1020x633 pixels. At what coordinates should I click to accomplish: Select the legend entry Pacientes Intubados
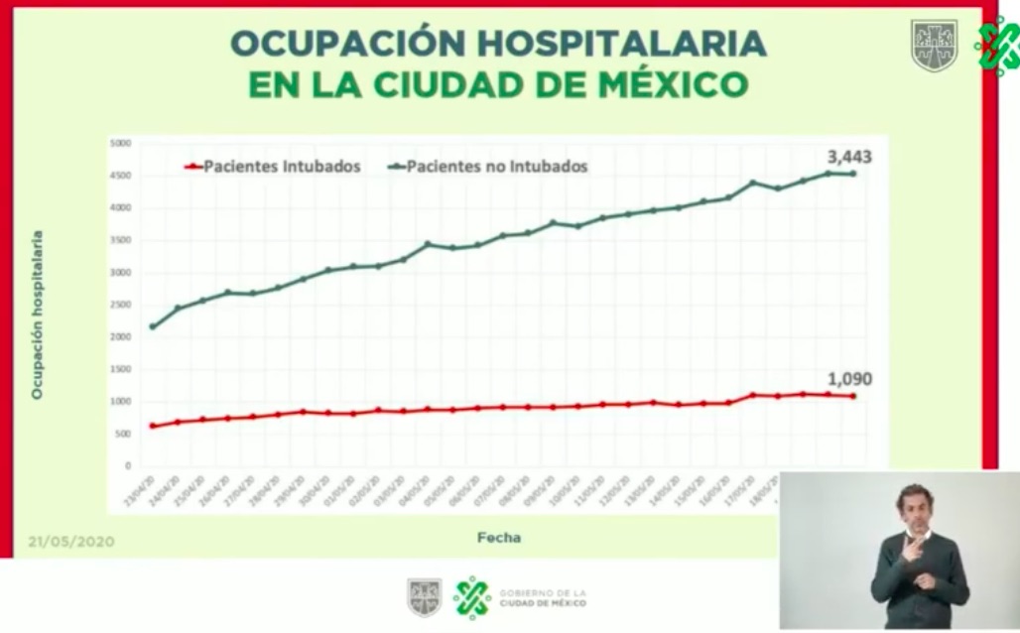282,167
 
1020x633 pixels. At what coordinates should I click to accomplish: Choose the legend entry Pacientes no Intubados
497,167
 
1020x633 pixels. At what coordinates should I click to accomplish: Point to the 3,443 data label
850,156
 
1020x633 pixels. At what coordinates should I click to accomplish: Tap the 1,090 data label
850,379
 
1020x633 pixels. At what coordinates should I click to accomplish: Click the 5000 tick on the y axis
120,144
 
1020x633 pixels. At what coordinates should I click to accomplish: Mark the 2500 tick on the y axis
120,306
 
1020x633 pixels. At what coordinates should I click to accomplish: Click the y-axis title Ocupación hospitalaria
38,315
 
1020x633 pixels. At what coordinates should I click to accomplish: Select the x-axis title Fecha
498,538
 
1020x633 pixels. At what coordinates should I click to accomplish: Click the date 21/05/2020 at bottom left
70,542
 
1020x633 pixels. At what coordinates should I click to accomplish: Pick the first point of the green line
153,326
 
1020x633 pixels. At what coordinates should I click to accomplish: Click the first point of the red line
153,426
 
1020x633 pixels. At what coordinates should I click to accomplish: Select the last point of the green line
852,174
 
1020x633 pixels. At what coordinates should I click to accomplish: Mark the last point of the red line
852,397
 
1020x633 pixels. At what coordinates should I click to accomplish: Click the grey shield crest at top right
934,46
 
